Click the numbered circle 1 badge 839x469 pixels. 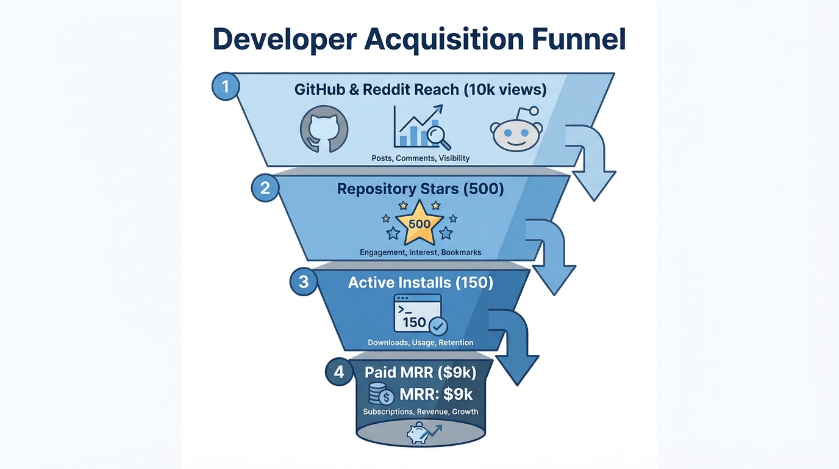pos(225,87)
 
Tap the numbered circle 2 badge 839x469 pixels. pos(265,187)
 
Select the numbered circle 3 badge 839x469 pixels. pos(304,283)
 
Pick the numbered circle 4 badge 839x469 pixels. pos(338,371)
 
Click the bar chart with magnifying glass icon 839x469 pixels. pos(421,127)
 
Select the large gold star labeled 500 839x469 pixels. pos(419,224)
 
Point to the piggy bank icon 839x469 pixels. pos(420,433)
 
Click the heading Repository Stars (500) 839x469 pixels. pos(420,189)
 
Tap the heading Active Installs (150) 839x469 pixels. pos(420,283)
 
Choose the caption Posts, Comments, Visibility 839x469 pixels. pos(420,158)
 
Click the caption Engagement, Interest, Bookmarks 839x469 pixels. pos(420,252)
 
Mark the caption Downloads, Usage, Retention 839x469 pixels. pos(420,343)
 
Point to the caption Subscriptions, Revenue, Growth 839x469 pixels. pos(420,412)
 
